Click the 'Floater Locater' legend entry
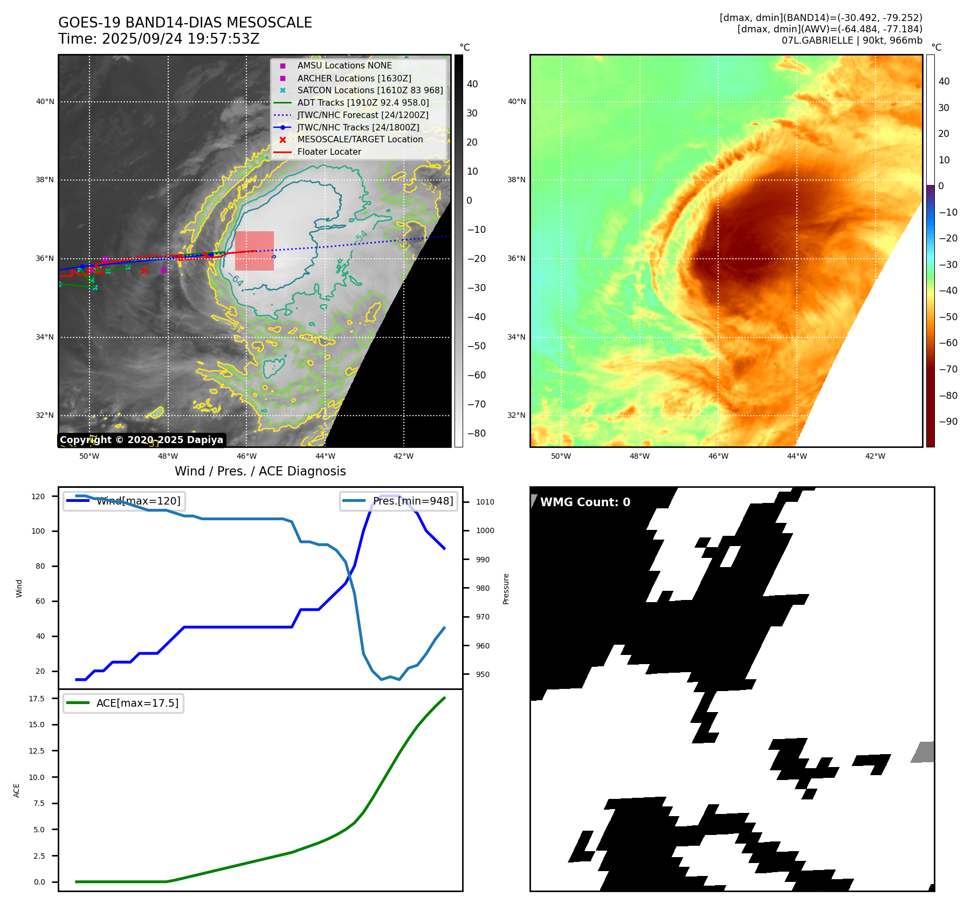[x=329, y=152]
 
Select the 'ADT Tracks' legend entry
[x=363, y=102]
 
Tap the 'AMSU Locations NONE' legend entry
[x=345, y=66]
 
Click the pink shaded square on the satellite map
[x=254, y=251]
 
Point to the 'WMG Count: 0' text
[x=585, y=502]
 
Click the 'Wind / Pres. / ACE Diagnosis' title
[x=260, y=471]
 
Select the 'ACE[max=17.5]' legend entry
[x=137, y=703]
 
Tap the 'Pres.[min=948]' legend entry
[x=412, y=501]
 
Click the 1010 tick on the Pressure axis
[x=485, y=502]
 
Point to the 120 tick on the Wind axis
[x=38, y=496]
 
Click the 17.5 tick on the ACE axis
[x=37, y=699]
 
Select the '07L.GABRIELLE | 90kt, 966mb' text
[x=852, y=40]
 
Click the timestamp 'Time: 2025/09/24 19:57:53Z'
[x=159, y=39]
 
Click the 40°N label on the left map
[x=45, y=101]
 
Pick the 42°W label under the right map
[x=875, y=456]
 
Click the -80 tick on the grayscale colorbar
[x=476, y=433]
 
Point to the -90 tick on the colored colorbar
[x=948, y=422]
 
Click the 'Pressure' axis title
[x=506, y=589]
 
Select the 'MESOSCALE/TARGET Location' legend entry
[x=360, y=140]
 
